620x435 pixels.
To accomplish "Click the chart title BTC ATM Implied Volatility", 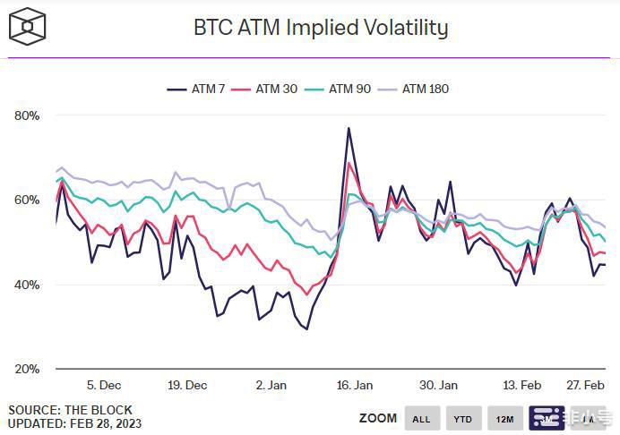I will point(320,28).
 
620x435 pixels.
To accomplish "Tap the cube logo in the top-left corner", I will point(27,26).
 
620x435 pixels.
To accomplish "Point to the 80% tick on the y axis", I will point(27,115).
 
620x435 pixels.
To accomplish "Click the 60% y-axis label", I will point(27,200).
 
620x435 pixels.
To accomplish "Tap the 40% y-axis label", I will point(27,285).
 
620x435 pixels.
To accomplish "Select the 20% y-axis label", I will point(27,369).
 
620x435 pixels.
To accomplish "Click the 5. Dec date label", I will point(104,385).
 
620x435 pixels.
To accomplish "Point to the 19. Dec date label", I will point(186,385).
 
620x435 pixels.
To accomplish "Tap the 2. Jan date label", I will point(271,385).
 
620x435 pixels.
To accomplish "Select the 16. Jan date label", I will point(355,385).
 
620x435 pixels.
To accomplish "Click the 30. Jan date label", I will point(438,385).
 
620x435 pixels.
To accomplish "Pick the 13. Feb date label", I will point(521,385).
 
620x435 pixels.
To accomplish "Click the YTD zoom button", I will point(463,418).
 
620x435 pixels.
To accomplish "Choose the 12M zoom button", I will point(505,418).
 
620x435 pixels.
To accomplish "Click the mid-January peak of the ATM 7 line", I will point(348,129).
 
